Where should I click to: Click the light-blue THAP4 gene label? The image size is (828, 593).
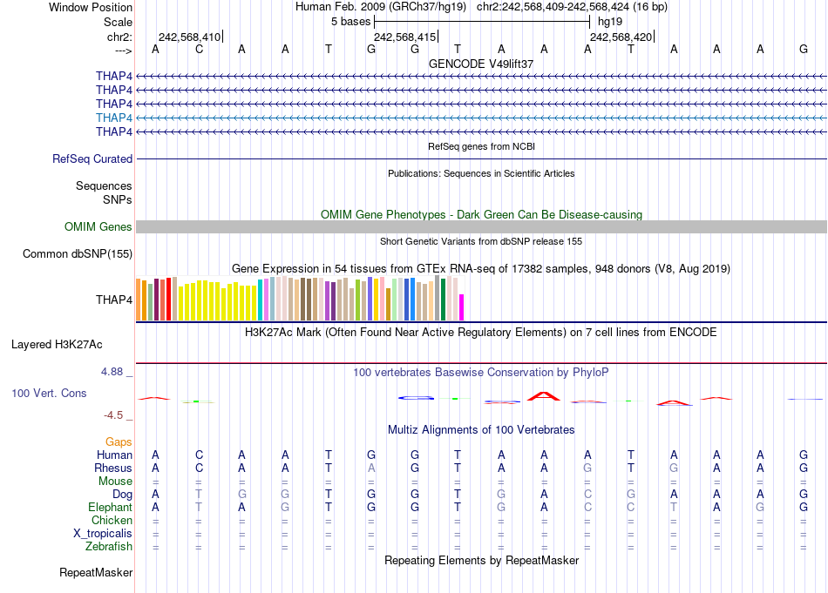[x=114, y=118]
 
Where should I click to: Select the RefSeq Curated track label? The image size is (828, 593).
[x=92, y=159]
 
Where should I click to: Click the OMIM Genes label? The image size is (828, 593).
[x=98, y=227]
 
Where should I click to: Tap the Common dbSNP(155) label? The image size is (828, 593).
[x=78, y=254]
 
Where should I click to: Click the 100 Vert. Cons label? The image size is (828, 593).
[x=49, y=394]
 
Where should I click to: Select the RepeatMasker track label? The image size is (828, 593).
[x=96, y=573]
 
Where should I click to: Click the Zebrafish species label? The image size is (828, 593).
[x=109, y=547]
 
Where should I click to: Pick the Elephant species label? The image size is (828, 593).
[x=110, y=508]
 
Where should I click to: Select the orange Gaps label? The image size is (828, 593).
[x=119, y=442]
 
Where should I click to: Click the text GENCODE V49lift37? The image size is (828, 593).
[x=481, y=64]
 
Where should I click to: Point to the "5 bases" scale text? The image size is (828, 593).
[x=351, y=21]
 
